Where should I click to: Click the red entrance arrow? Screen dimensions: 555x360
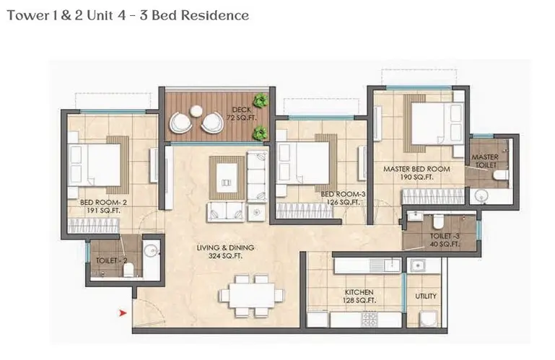pyautogui.click(x=123, y=313)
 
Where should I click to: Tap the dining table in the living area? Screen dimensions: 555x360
pyautogui.click(x=252, y=295)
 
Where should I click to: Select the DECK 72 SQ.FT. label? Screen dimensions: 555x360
pyautogui.click(x=242, y=113)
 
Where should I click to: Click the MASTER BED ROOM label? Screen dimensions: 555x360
pyautogui.click(x=416, y=170)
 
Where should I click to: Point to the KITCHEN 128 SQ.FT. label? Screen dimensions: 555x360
pyautogui.click(x=359, y=297)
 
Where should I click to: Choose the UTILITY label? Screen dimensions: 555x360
pyautogui.click(x=426, y=296)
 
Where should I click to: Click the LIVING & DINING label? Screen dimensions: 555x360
pyautogui.click(x=225, y=247)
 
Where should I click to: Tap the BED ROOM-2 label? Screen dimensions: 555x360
pyautogui.click(x=103, y=203)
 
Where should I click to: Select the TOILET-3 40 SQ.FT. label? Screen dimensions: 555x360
pyautogui.click(x=445, y=240)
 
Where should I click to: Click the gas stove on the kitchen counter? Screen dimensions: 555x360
pyautogui.click(x=369, y=319)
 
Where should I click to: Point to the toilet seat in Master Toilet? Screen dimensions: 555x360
pyautogui.click(x=501, y=175)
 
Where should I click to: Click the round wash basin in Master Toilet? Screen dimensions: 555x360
pyautogui.click(x=481, y=196)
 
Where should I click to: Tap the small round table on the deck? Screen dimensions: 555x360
pyautogui.click(x=196, y=111)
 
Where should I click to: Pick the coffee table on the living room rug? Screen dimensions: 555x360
pyautogui.click(x=227, y=177)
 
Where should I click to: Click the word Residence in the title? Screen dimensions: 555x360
pyautogui.click(x=218, y=16)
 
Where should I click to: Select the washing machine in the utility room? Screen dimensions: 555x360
pyautogui.click(x=429, y=319)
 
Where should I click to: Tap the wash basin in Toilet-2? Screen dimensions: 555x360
pyautogui.click(x=152, y=250)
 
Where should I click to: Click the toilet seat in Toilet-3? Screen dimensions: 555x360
pyautogui.click(x=438, y=221)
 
